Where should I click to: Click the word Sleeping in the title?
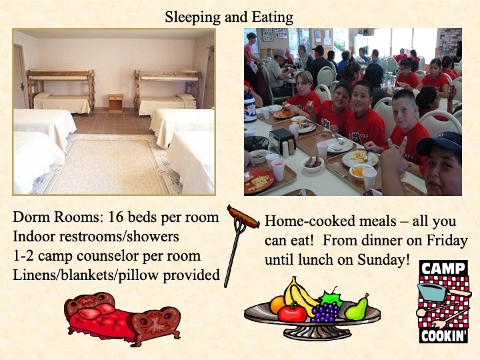[x=192, y=17]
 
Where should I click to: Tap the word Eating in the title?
[x=273, y=17]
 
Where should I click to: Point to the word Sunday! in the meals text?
[x=383, y=260]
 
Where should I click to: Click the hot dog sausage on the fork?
[x=243, y=217]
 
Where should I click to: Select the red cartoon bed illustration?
[x=122, y=319]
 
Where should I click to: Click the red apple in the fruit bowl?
[x=292, y=313]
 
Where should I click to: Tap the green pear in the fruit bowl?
[x=357, y=308]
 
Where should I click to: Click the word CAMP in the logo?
[x=443, y=269]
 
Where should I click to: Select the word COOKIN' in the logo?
[x=444, y=336]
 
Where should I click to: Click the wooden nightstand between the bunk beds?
[x=115, y=103]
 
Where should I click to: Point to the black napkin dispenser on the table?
[x=282, y=141]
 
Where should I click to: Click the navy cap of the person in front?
[x=439, y=143]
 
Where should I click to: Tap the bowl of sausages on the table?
[x=313, y=164]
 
